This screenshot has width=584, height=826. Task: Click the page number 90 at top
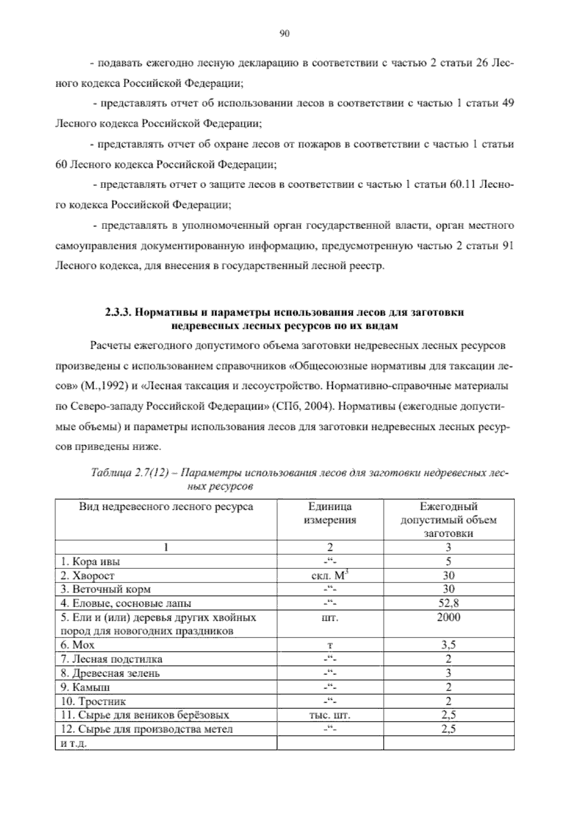285,34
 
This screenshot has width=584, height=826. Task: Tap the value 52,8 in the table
448,603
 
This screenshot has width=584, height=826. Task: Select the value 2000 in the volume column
448,618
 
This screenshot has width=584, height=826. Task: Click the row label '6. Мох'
78,645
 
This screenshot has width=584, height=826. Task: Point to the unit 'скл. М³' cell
330,576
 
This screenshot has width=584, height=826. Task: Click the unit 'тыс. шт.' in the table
329,715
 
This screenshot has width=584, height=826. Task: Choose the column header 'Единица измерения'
329,513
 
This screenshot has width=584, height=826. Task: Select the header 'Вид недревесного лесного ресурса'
166,507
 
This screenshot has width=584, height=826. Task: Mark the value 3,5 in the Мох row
448,645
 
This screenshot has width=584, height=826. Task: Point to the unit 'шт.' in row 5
329,618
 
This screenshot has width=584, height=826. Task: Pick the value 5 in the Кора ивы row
448,562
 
